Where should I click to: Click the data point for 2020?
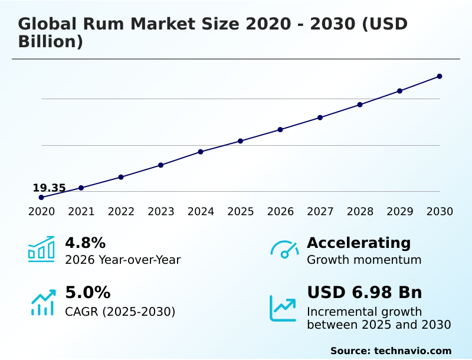[41, 197]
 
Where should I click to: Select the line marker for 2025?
[241, 141]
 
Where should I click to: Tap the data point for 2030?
[440, 76]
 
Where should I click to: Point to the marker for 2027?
[320, 117]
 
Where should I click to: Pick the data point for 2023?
[160, 165]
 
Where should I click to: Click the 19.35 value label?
[49, 188]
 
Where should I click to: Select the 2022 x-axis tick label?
[121, 211]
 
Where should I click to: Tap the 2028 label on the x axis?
[360, 211]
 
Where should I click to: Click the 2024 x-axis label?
[201, 211]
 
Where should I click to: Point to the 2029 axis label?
[400, 211]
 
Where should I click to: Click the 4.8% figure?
[85, 243]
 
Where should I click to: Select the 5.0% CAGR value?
[87, 293]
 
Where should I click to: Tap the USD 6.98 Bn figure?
[364, 293]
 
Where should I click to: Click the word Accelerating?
[359, 243]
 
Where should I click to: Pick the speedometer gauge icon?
[284, 249]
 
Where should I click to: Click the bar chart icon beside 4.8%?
[41, 249]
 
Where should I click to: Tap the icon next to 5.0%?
[42, 302]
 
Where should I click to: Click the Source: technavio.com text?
[391, 351]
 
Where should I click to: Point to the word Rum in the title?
[104, 24]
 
